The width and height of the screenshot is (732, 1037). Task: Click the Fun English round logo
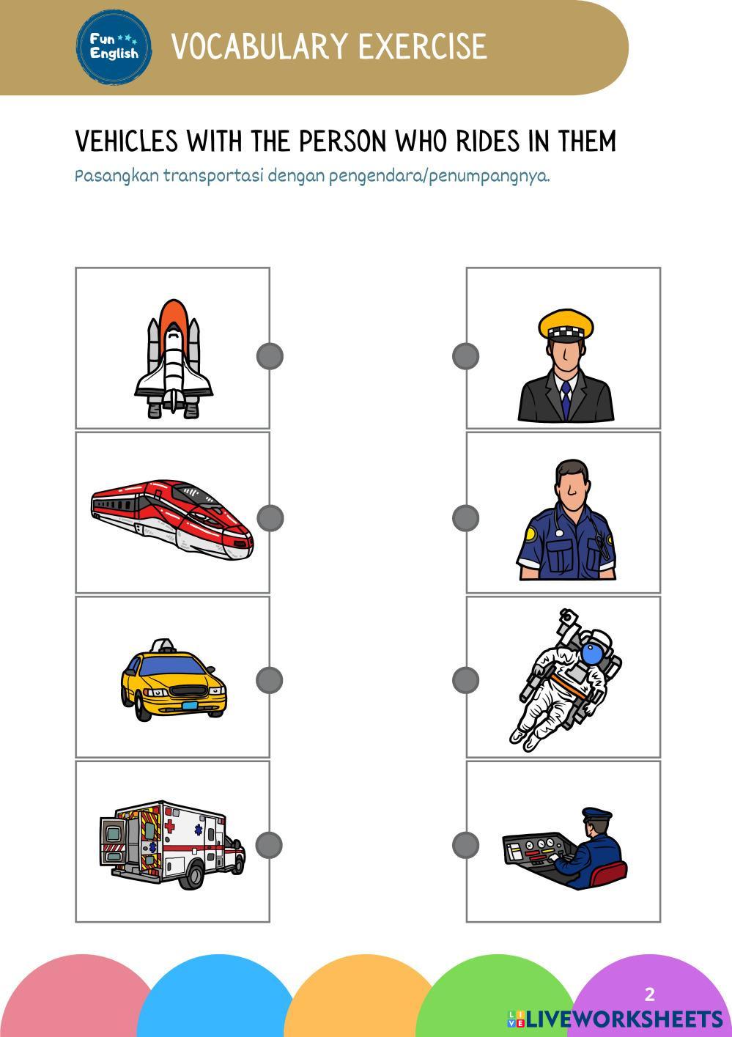[114, 47]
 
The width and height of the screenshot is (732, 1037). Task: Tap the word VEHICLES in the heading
[127, 141]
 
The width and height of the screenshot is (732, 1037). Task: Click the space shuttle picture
[174, 359]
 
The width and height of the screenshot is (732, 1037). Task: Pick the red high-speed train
[172, 519]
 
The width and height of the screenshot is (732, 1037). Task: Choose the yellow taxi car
[174, 679]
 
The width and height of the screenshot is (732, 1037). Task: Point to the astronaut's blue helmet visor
[592, 654]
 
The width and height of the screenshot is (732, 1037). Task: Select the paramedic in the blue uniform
[566, 519]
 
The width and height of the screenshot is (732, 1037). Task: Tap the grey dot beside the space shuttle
[270, 356]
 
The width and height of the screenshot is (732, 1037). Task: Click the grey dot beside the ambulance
[269, 845]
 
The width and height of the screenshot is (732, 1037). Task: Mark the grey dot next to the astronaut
[465, 680]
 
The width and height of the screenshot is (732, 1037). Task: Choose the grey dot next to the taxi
[270, 680]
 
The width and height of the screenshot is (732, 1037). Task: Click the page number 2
[650, 994]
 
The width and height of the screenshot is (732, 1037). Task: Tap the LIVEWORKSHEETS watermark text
[615, 1019]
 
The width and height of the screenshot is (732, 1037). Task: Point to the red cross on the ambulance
[170, 826]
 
